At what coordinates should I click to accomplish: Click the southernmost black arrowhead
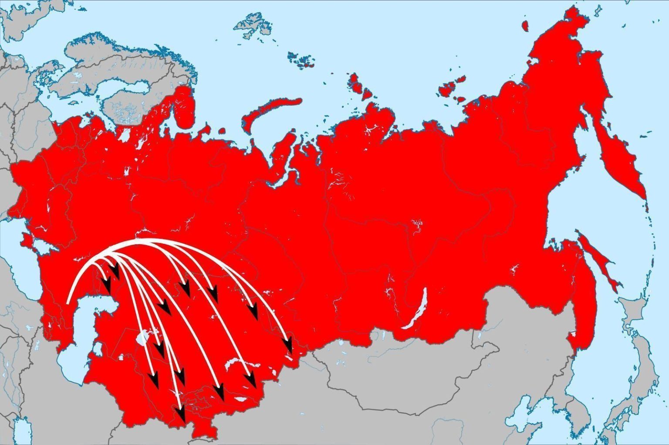181,414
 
